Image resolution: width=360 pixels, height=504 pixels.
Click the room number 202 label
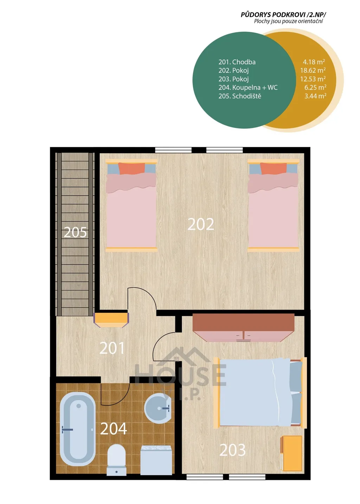[201, 224]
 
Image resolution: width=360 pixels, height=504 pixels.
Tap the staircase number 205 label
[75, 232]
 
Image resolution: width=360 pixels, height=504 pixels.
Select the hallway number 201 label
[112, 348]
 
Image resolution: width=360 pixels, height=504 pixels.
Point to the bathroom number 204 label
[114, 429]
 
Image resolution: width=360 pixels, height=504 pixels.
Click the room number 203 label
[233, 450]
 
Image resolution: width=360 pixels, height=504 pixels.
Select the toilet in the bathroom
[116, 457]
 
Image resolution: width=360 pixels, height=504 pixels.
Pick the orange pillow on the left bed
[131, 168]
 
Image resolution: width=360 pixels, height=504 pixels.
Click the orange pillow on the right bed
[274, 168]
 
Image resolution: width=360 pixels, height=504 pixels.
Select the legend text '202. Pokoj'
[233, 70]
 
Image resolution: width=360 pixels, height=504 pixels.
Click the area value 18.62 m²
[313, 70]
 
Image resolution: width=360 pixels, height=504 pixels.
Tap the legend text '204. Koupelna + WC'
[248, 87]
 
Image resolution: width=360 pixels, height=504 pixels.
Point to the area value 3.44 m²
[315, 96]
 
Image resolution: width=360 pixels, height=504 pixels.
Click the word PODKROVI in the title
[287, 15]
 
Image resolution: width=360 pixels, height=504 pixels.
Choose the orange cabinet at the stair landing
[111, 320]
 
